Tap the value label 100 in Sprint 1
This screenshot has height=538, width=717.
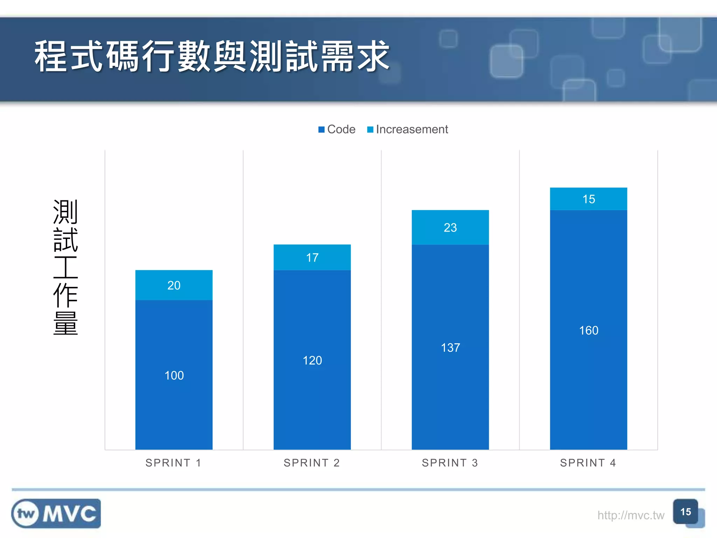click(174, 375)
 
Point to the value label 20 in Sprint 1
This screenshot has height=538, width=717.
click(174, 285)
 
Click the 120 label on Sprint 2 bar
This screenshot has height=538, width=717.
click(312, 360)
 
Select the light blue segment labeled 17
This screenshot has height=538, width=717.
click(312, 257)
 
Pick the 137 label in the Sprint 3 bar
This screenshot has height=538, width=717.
click(450, 348)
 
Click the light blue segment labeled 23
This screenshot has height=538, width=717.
click(450, 228)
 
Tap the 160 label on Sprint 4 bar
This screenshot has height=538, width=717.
click(589, 331)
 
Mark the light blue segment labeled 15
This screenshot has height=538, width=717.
click(589, 199)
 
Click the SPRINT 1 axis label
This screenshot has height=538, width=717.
click(174, 463)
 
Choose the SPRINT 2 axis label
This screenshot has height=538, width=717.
click(312, 463)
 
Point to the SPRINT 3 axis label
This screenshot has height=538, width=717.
click(450, 463)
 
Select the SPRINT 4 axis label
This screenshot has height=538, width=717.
click(588, 463)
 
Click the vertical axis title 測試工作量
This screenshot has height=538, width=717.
click(65, 267)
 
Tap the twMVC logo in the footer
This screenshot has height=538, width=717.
click(56, 513)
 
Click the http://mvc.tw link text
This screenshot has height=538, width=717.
click(631, 515)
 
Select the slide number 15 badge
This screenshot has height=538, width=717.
click(685, 512)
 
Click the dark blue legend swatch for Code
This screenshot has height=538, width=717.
click(321, 130)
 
